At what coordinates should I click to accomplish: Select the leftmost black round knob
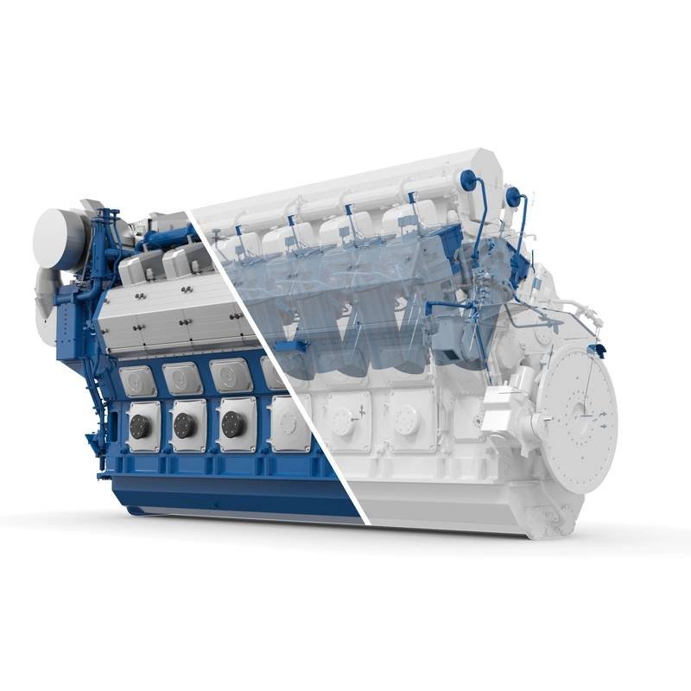coord(140,425)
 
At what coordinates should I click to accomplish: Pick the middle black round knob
coord(185,424)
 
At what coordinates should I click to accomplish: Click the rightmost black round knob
coord(231,423)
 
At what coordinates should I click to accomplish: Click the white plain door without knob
coord(288,423)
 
